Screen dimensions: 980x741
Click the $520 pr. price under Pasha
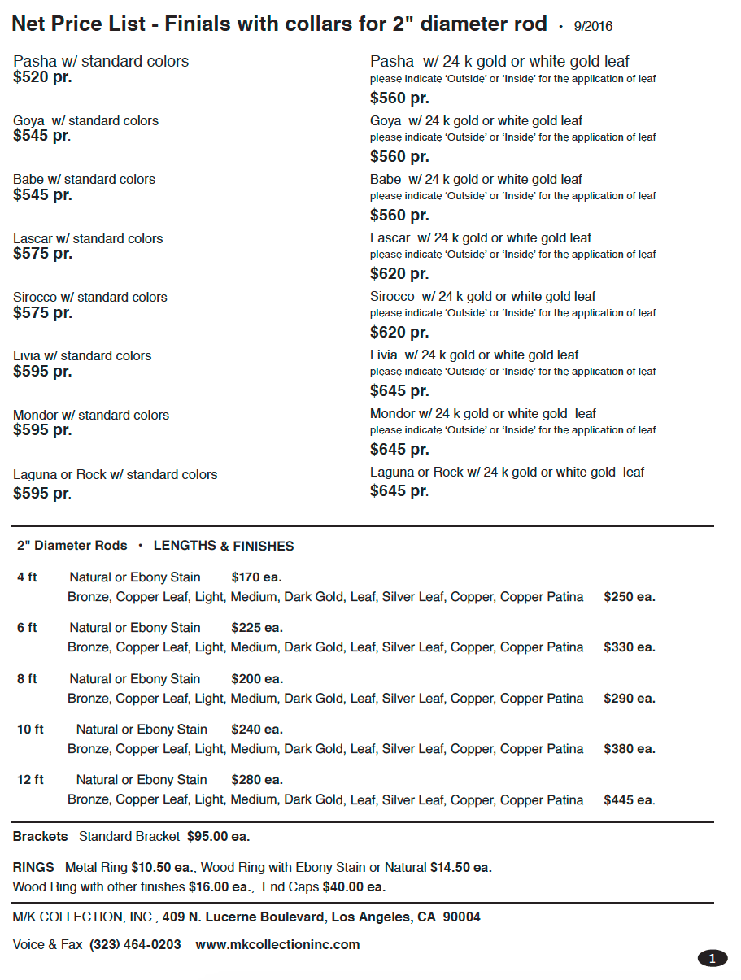(x=42, y=77)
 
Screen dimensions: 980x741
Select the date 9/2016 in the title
(x=593, y=27)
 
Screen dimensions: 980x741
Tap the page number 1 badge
(x=712, y=959)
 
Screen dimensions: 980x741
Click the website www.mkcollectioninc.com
(x=277, y=944)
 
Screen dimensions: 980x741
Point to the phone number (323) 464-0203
(x=135, y=944)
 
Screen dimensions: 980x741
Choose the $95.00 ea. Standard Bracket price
(x=218, y=836)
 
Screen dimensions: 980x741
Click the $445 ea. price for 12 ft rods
(x=629, y=800)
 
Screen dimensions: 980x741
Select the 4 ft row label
(x=27, y=577)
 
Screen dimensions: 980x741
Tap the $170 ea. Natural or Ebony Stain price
(x=256, y=577)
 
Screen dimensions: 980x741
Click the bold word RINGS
(x=33, y=868)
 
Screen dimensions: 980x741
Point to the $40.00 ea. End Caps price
(x=354, y=886)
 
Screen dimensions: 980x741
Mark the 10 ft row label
(x=30, y=730)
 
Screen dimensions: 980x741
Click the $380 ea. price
(x=629, y=749)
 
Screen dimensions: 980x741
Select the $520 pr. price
(x=42, y=77)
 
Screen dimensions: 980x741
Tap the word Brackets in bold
(x=41, y=836)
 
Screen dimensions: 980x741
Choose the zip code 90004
(x=461, y=917)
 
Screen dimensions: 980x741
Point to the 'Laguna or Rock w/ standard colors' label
(x=116, y=474)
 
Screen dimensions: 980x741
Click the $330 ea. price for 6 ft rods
(x=629, y=647)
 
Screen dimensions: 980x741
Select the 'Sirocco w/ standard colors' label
(x=90, y=297)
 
